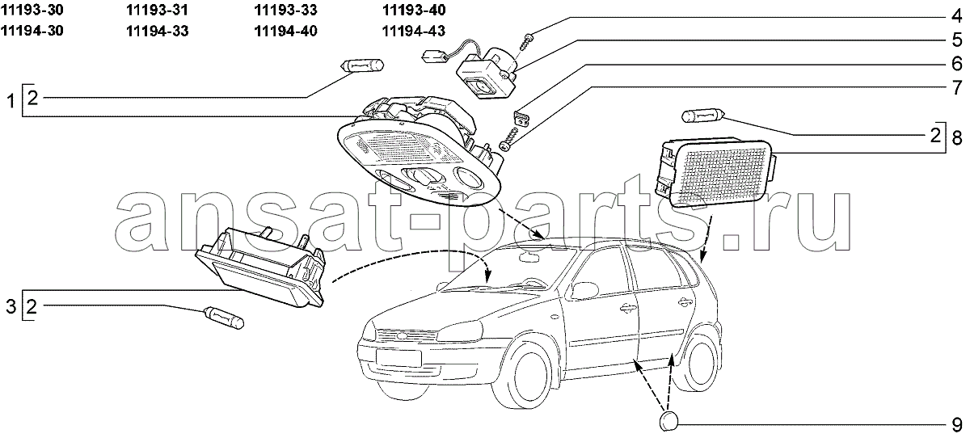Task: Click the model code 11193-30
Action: click(x=34, y=11)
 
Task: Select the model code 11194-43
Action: click(x=413, y=31)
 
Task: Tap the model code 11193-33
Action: click(x=285, y=11)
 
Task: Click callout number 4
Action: click(x=955, y=14)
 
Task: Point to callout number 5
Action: click(x=955, y=38)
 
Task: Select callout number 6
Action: click(x=955, y=62)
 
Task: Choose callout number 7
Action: click(x=955, y=86)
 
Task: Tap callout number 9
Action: click(x=955, y=423)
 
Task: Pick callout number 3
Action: click(x=11, y=306)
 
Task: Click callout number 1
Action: click(x=11, y=102)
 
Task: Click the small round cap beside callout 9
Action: click(x=668, y=421)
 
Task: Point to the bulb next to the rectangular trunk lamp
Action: click(x=702, y=116)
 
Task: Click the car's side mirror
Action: click(x=582, y=289)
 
